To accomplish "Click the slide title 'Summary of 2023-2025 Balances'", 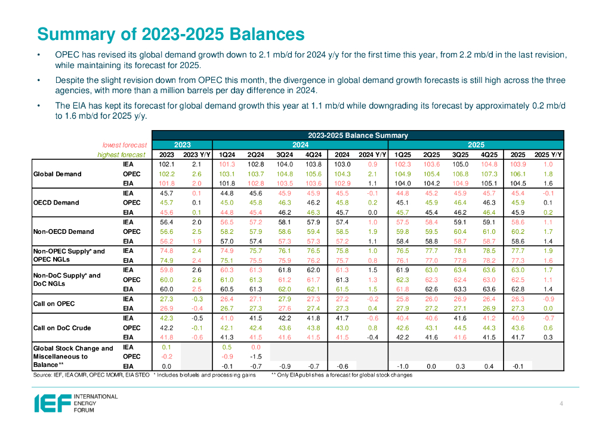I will coord(167,32).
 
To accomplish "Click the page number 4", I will coord(561,405).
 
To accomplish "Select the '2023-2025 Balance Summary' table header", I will coord(357,135).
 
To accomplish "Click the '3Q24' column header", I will coord(285,155).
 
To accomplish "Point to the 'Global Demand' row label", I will coord(58,174).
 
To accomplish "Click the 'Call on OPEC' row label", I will coord(54,304).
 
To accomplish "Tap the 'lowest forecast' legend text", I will coord(124,145).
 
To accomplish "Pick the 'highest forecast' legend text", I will coord(122,155).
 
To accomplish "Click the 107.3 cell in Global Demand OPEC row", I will coord(489,174).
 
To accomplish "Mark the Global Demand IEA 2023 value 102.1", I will coord(166,164).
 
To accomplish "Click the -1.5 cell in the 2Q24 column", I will coord(255,357).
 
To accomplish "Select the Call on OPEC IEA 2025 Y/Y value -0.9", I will coord(548,299).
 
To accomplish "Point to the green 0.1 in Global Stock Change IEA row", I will coord(166,347).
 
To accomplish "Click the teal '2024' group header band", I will coord(300,145).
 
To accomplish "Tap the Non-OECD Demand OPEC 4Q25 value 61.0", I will coord(489,231).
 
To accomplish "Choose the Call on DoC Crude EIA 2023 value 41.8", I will coord(166,337).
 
